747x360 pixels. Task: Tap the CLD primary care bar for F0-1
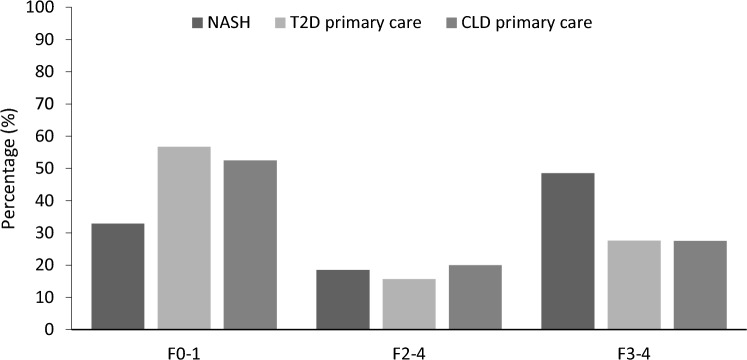250,244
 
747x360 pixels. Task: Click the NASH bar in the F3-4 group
568,251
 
